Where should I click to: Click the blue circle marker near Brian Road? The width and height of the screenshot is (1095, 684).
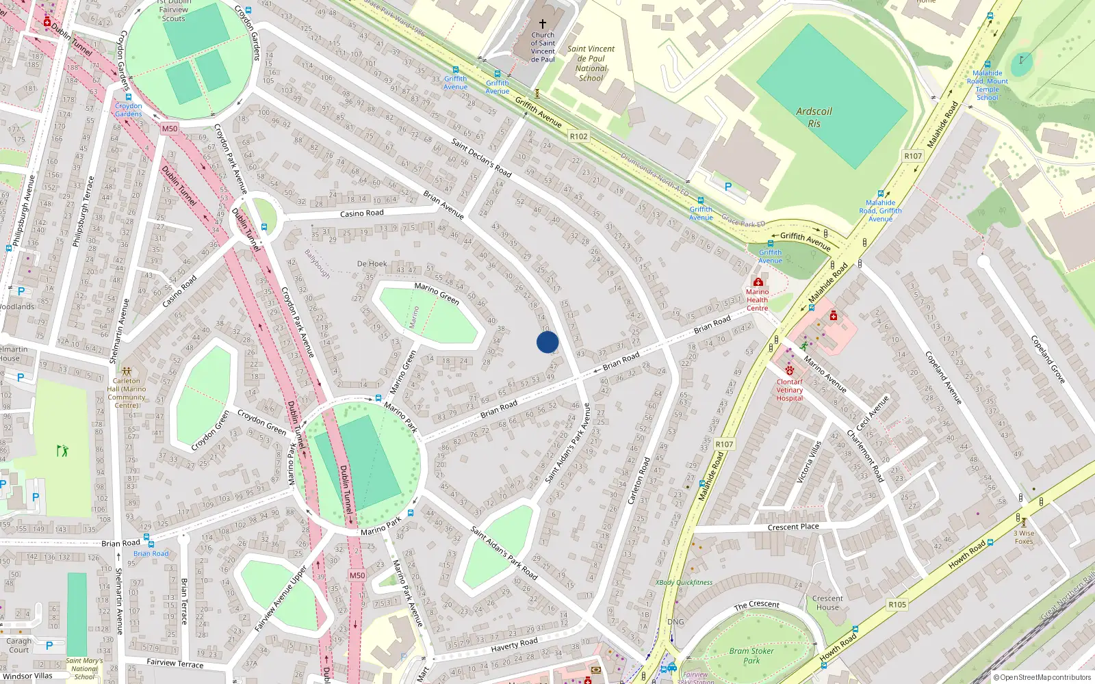click(547, 342)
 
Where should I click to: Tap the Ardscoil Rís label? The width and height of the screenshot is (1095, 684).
click(814, 117)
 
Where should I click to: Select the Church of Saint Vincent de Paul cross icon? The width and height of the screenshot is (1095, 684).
click(543, 23)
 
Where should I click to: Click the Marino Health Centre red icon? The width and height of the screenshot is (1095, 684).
click(758, 282)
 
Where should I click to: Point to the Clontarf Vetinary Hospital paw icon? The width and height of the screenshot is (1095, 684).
click(790, 371)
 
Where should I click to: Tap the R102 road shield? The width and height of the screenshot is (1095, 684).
click(578, 136)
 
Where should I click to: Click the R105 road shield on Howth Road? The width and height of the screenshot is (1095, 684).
click(897, 605)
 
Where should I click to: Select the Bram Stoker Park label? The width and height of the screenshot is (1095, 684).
click(751, 655)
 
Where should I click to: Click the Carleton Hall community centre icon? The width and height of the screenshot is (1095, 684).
click(127, 371)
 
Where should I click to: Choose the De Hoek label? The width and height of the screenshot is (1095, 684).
click(372, 263)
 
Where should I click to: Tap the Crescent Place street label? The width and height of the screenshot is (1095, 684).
click(793, 527)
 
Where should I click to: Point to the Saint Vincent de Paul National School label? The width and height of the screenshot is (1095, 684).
click(591, 64)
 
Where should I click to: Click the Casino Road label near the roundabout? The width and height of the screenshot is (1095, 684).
click(361, 213)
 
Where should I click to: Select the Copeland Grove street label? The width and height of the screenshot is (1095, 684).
click(1048, 359)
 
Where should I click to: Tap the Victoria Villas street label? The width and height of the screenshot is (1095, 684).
click(808, 462)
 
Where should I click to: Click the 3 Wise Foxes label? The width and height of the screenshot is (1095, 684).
click(1024, 537)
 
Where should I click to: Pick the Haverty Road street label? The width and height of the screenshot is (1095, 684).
click(514, 644)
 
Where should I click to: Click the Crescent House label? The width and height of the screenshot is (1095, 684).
click(827, 603)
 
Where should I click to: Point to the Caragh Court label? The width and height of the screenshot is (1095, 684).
click(19, 645)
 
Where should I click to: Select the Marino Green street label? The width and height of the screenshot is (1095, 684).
click(437, 294)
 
